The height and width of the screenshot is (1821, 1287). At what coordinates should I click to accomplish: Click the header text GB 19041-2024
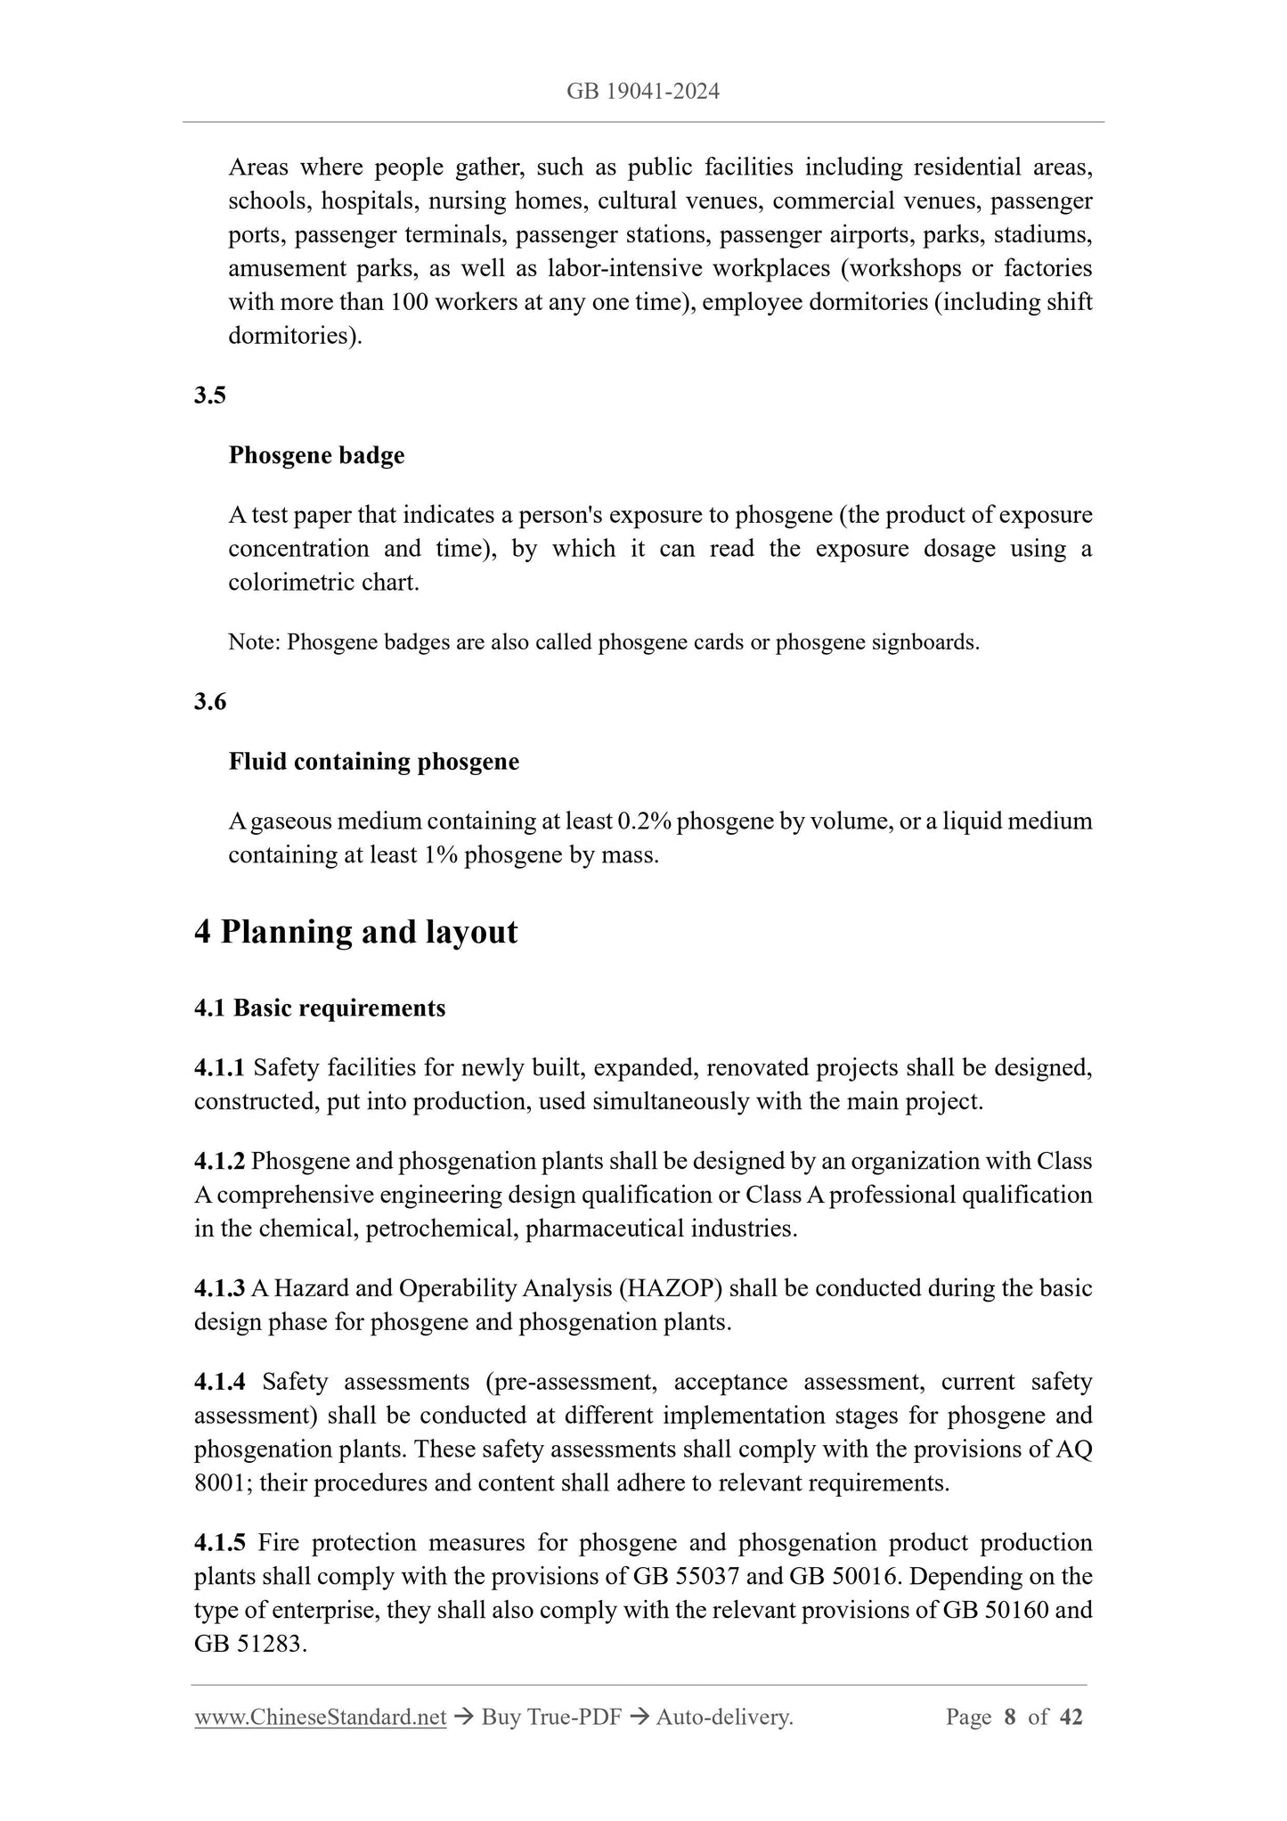point(643,91)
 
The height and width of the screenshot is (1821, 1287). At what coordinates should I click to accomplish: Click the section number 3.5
point(210,395)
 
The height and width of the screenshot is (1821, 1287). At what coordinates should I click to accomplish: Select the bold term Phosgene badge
point(316,455)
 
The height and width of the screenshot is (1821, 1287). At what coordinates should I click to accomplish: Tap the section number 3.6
point(210,701)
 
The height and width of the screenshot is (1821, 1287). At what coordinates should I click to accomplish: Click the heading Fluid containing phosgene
point(373,762)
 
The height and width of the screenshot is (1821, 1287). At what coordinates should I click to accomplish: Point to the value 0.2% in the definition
point(644,821)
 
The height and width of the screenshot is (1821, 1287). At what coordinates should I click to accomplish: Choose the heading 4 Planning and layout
point(355,932)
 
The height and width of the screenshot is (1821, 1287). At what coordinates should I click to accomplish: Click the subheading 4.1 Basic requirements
point(320,1008)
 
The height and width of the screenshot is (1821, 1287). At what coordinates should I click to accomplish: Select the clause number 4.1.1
point(219,1067)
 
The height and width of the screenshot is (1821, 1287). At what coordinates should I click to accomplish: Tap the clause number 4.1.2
point(219,1161)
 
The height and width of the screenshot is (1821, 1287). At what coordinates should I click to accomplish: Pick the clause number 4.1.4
point(219,1382)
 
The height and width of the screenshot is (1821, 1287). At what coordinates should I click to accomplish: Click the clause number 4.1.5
point(219,1542)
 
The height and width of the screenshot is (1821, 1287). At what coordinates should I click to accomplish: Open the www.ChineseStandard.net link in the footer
point(320,1717)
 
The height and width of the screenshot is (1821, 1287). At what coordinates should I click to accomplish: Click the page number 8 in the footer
point(1010,1717)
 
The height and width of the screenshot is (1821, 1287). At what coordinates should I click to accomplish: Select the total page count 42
point(1071,1717)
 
